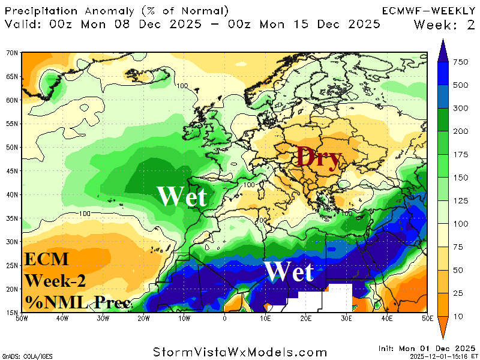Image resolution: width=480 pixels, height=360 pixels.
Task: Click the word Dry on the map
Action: pos(318,158)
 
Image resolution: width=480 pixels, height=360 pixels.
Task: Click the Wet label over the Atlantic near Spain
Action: pos(181,197)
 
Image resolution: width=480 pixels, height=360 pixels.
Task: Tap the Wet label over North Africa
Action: pos(289,272)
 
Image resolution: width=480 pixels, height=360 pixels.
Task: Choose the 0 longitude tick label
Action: pos(224,318)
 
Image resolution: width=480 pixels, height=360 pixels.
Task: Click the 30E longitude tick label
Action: pos(346,318)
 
